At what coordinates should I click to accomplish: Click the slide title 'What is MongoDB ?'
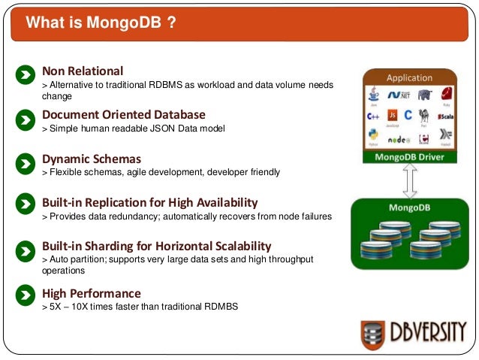[101, 23]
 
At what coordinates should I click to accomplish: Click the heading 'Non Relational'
[83, 71]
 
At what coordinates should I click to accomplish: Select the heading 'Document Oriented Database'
[123, 114]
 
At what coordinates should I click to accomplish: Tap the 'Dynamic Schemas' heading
[92, 159]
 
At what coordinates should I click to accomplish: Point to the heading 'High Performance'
[92, 292]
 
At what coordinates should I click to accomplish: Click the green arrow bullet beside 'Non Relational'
[26, 74]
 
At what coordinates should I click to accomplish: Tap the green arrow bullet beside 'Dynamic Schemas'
[26, 162]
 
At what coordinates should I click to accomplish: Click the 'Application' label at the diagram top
[409, 77]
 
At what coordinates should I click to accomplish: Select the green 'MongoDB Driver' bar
[409, 157]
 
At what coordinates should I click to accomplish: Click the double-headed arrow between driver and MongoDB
[409, 180]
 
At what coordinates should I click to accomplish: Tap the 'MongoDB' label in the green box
[409, 207]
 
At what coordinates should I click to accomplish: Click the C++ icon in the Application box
[373, 115]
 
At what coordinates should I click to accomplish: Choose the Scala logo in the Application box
[445, 116]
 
